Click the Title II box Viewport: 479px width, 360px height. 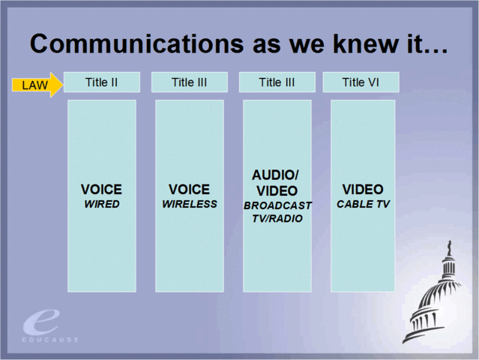[102, 82]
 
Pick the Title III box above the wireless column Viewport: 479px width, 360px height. [189, 82]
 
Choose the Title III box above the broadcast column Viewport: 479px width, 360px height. [277, 82]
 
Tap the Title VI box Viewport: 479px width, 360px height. [361, 82]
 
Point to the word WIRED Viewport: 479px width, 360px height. [102, 204]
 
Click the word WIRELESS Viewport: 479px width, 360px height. [190, 204]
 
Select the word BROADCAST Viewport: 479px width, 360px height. [277, 205]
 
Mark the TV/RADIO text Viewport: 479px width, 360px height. [277, 218]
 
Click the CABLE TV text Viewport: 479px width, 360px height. [364, 204]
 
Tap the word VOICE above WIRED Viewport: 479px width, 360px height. [101, 190]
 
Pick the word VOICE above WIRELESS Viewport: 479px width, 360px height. [189, 190]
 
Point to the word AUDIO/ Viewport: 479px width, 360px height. [276, 175]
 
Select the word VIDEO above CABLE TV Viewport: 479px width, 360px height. [363, 190]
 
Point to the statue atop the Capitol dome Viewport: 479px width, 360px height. [449, 247]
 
